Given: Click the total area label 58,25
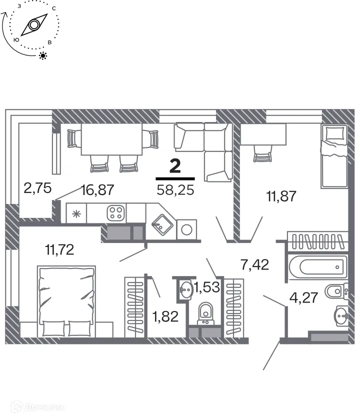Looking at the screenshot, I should tap(175, 190).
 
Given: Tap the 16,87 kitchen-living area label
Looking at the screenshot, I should tap(98, 189).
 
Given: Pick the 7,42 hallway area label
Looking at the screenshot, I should tap(255, 264).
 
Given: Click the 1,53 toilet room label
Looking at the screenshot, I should tap(207, 288).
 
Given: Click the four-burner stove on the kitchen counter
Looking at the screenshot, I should tap(116, 213).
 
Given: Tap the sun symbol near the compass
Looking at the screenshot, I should tap(43, 55).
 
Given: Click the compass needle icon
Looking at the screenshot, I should tap(33, 25).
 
